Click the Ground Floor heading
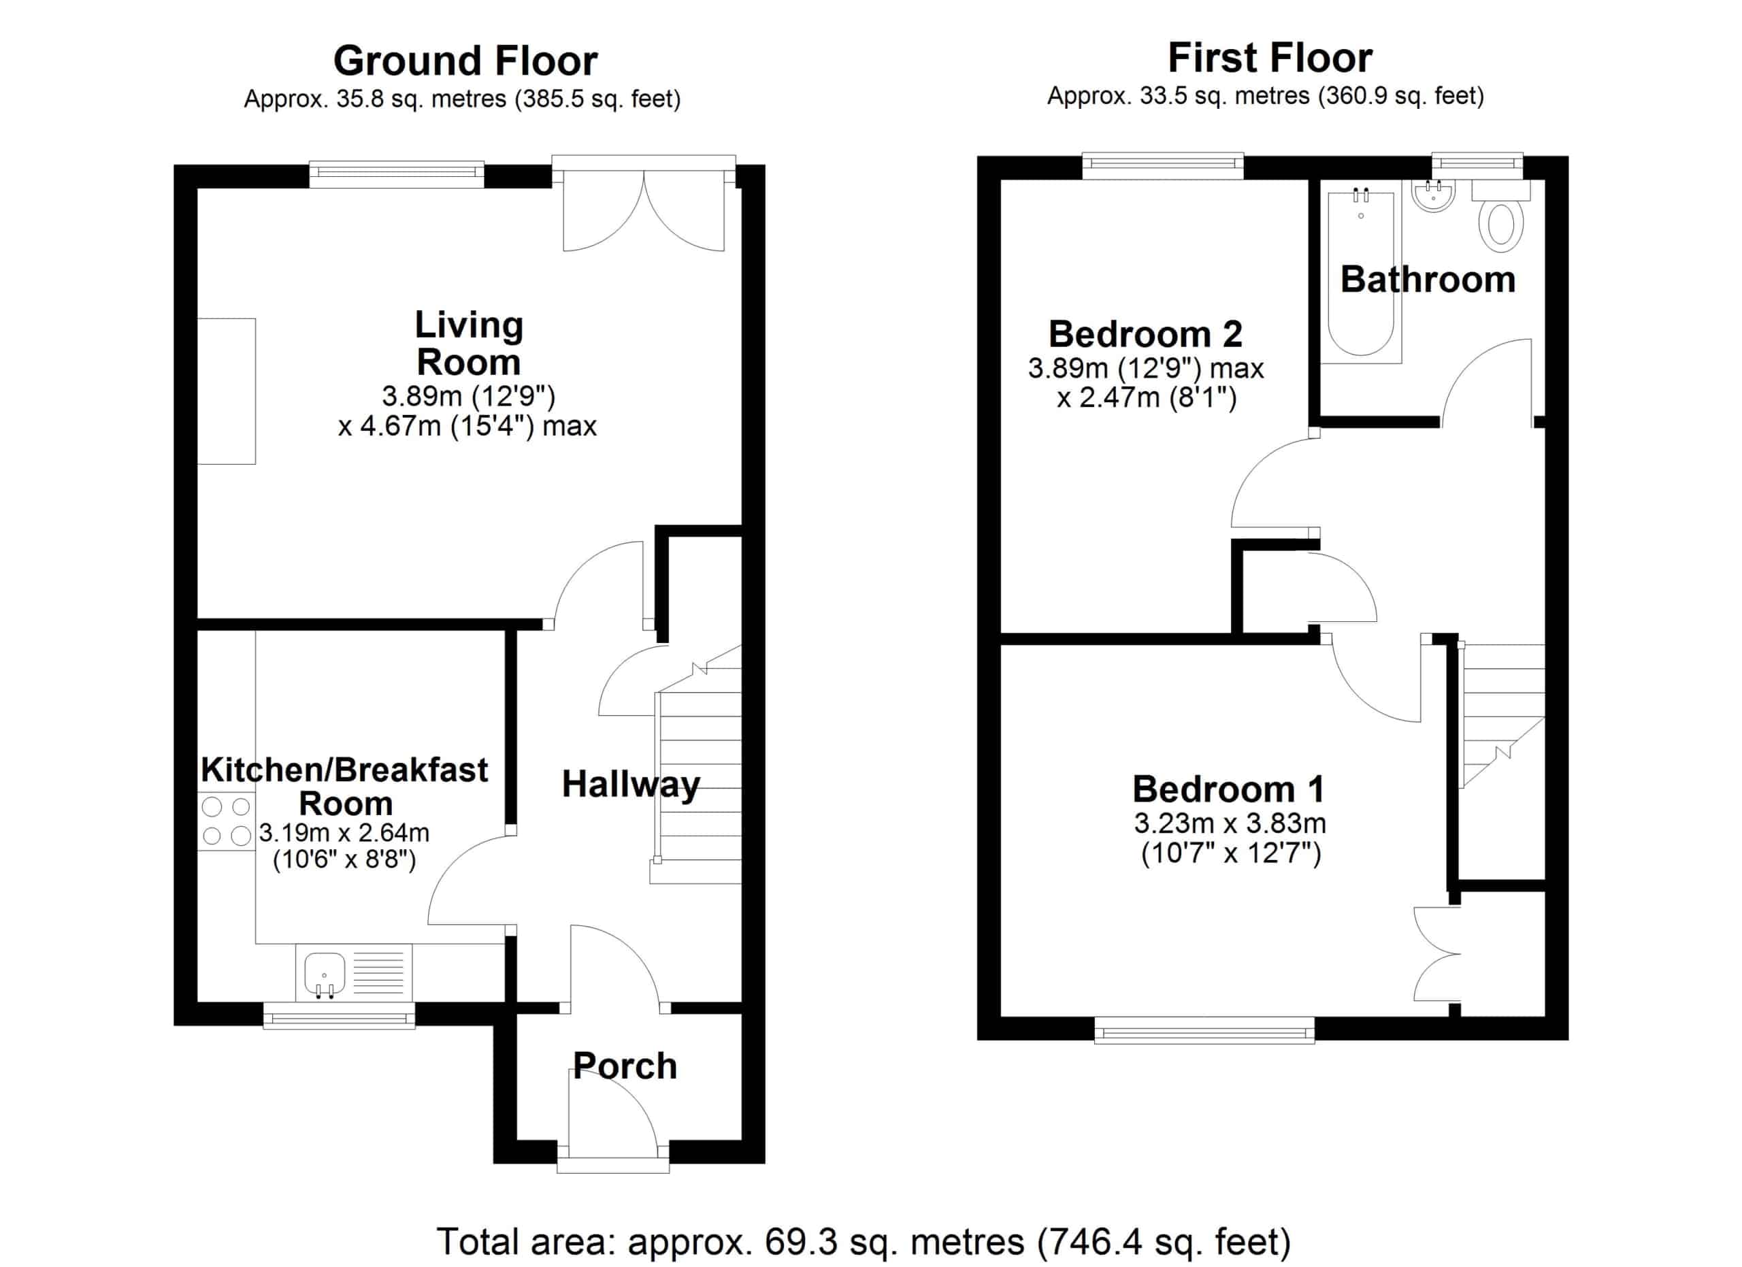[465, 61]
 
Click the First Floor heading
[1270, 58]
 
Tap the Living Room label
[469, 343]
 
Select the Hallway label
[631, 785]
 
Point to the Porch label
[625, 1066]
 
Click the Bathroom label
[1428, 280]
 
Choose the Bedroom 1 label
[1229, 789]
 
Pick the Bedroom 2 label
[1145, 334]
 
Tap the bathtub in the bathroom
[1361, 275]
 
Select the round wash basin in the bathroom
[1433, 196]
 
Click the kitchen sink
[355, 972]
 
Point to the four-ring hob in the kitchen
[227, 820]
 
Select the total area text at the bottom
[864, 1242]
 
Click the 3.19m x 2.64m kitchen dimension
[344, 832]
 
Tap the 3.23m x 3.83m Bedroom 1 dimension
[1230, 823]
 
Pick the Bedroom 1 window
[1204, 1030]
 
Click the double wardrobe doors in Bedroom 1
[1437, 955]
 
